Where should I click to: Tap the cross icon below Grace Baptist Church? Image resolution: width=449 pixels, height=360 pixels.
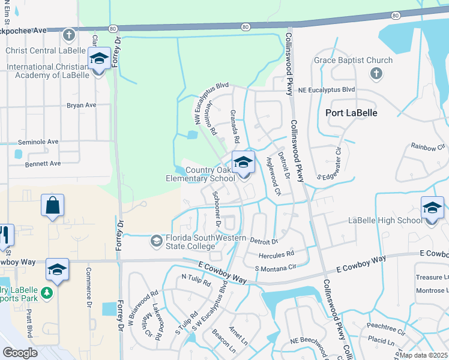[x=376, y=74]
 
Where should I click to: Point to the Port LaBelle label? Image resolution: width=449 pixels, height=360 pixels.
[x=351, y=113]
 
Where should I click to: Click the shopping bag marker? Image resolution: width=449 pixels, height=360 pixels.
[x=53, y=206]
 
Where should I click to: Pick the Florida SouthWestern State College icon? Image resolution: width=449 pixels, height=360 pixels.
[x=157, y=241]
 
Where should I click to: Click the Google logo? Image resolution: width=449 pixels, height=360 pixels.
[x=20, y=353]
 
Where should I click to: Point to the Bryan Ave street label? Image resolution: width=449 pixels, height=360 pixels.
[x=82, y=105]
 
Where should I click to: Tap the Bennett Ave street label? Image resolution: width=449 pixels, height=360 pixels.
[x=43, y=163]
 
